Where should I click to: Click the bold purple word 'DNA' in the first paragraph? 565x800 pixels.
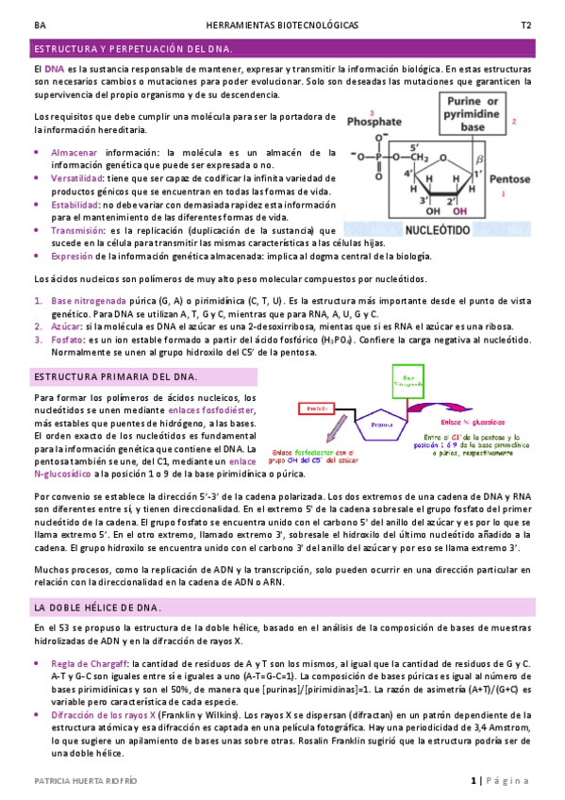[x=55, y=70]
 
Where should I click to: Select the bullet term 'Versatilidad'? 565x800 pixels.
[x=77, y=177]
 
